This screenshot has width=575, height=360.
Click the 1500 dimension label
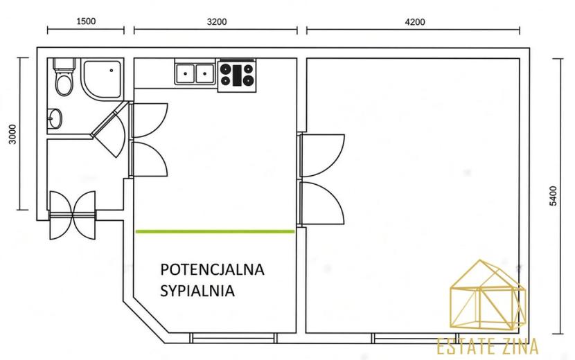click(86, 21)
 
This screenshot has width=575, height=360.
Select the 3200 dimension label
click(217, 22)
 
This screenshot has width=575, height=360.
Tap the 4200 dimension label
click(415, 22)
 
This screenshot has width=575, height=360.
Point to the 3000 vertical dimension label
click(12, 134)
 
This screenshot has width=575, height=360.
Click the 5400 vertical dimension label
click(554, 196)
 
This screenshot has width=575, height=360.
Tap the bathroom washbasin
click(55, 118)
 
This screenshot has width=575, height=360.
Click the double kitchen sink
click(195, 74)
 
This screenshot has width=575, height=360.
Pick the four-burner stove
click(237, 75)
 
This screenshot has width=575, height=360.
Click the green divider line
click(215, 231)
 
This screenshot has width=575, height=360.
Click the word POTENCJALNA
click(212, 269)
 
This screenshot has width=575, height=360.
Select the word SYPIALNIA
click(197, 291)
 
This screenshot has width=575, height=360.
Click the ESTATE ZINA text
click(488, 346)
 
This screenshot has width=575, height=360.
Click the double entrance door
click(73, 215)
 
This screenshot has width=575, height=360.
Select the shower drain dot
click(112, 71)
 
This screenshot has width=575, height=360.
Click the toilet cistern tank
click(64, 64)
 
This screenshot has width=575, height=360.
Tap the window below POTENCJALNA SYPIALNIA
click(233, 338)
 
